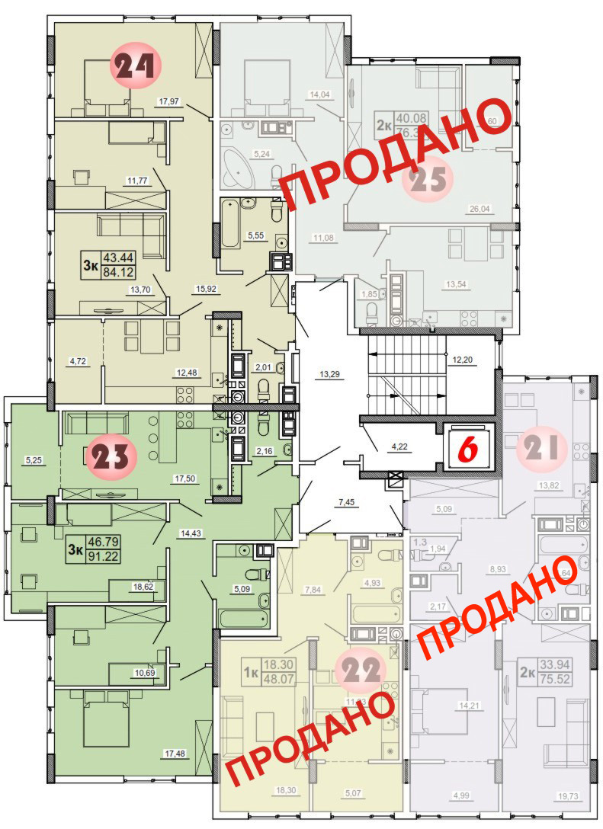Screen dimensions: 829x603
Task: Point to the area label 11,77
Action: click(137, 181)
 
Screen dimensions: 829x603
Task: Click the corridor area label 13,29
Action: click(330, 373)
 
